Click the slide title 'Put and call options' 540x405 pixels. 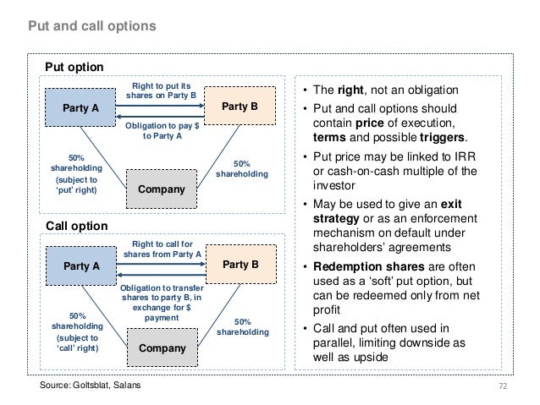coord(93,26)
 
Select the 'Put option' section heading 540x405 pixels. coord(74,67)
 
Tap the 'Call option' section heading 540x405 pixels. coord(75,226)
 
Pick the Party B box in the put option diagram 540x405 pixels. coord(240,107)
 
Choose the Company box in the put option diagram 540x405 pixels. coord(161,189)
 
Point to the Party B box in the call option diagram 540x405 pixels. coord(240,265)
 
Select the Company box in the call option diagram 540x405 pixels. coord(161,347)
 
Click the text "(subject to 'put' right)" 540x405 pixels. coord(76,185)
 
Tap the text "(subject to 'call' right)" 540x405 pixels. coord(76,342)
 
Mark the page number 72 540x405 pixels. coord(504,386)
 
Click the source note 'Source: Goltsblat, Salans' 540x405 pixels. coord(91,386)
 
